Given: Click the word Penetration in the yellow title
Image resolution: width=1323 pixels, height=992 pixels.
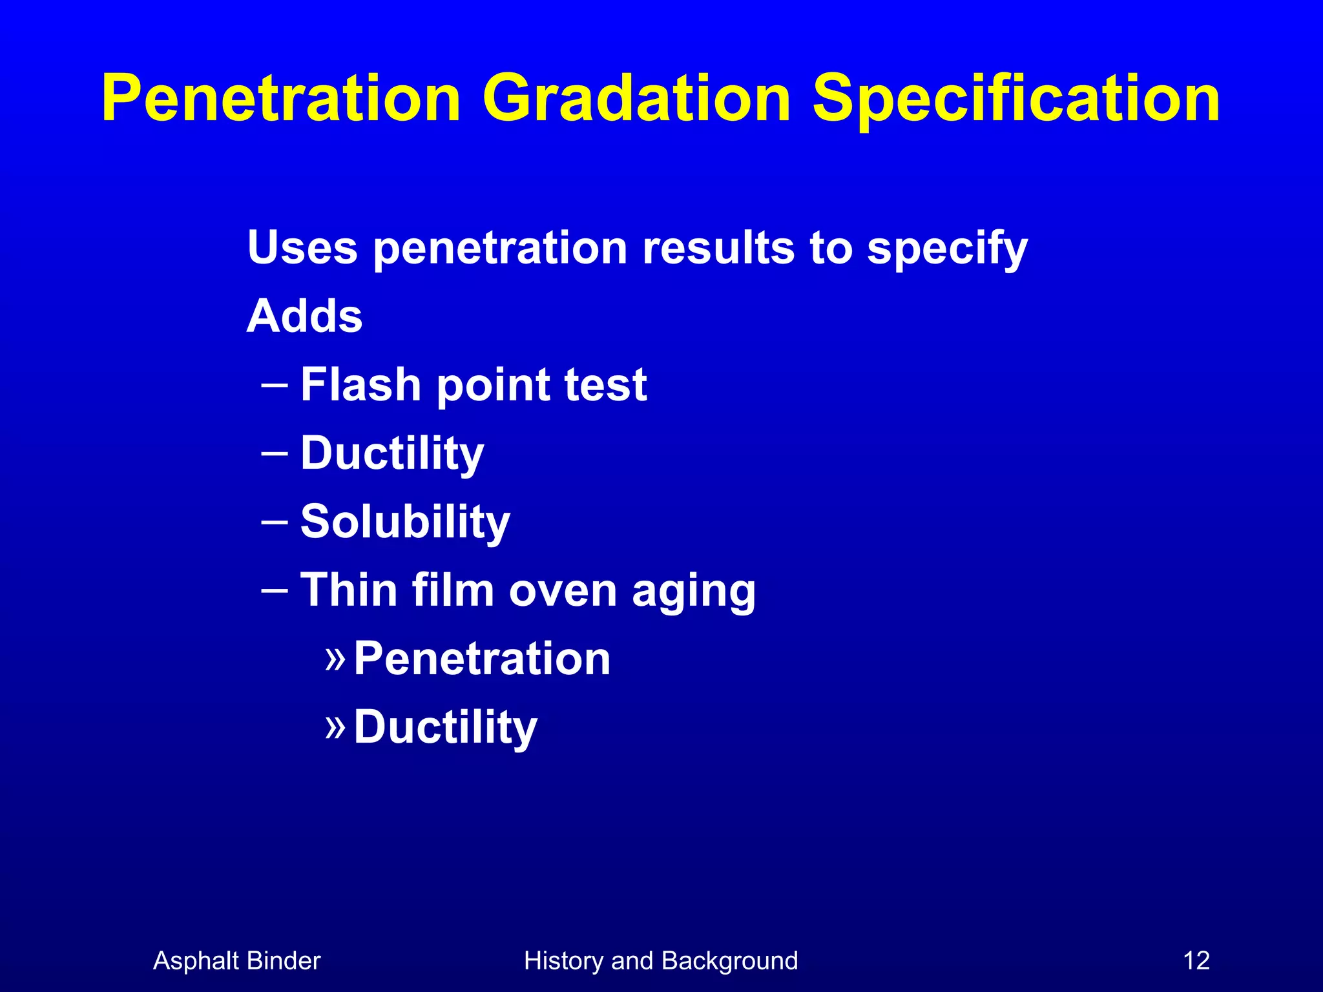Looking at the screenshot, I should point(281,98).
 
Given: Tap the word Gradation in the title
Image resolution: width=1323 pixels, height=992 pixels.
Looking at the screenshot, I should point(636,98).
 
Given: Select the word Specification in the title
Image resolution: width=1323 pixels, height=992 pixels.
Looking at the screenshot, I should point(1016,98).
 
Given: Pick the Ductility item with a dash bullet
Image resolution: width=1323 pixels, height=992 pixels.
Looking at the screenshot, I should point(392,453).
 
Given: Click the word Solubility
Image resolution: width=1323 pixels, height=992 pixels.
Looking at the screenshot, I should point(405,522).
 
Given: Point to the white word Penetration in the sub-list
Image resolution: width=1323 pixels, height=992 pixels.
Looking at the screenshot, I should point(482,659).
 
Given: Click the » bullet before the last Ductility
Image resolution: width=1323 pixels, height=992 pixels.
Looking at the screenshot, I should point(335,727).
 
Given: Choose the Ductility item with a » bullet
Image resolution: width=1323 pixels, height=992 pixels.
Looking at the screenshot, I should point(445,727).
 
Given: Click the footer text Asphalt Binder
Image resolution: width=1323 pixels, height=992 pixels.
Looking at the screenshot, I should point(236,961).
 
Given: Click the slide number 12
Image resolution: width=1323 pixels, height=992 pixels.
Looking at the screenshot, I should point(1196,961).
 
